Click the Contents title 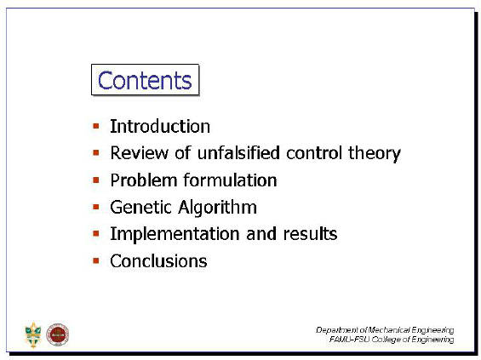tap(145, 80)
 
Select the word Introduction tap(160, 126)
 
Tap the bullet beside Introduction tap(96, 126)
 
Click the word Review tap(140, 152)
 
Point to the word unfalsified tap(238, 152)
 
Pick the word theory tap(375, 153)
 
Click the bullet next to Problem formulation tap(96, 180)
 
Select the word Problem tap(144, 180)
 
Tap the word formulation tap(231, 180)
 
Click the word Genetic tap(141, 207)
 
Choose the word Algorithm tap(218, 208)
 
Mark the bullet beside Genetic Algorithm tap(96, 207)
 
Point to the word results tap(310, 234)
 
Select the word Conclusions tap(158, 261)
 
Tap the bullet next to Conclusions tap(96, 260)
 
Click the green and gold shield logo tap(33, 334)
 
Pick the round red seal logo tap(58, 334)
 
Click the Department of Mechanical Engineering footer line tap(385, 330)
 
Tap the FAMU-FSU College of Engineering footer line tap(392, 340)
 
